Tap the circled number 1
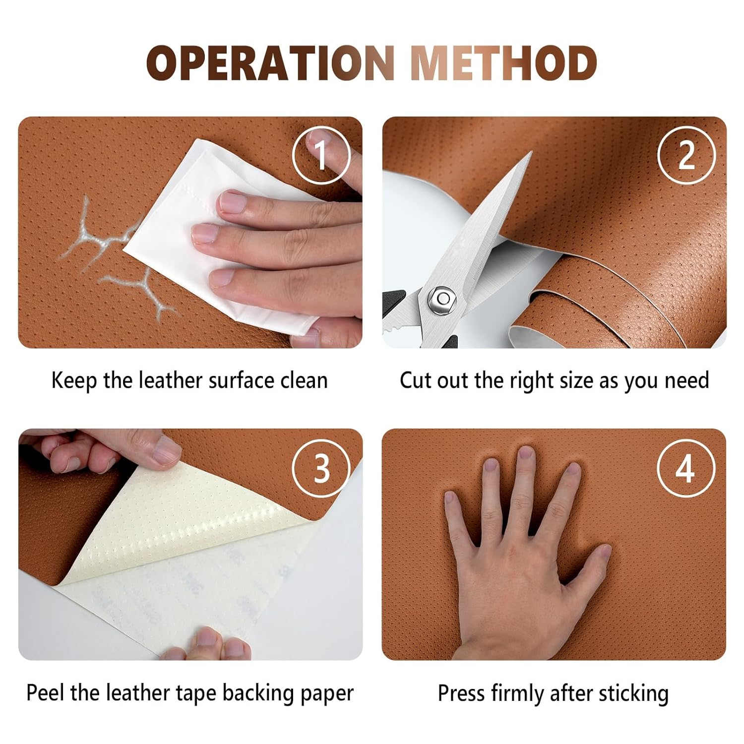[321, 155]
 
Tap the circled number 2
[686, 155]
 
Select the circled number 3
[321, 468]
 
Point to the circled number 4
[686, 468]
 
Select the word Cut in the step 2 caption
[416, 380]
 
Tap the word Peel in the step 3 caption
[46, 692]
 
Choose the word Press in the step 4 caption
[461, 692]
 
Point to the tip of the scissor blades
[531, 153]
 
